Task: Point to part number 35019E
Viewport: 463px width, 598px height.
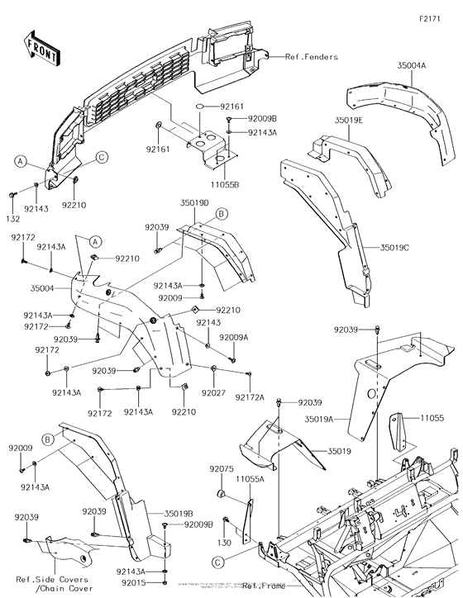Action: (x=349, y=120)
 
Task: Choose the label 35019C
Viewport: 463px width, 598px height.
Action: (x=398, y=247)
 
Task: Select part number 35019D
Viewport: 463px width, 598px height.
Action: (x=194, y=202)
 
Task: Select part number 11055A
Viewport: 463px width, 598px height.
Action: (x=249, y=479)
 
